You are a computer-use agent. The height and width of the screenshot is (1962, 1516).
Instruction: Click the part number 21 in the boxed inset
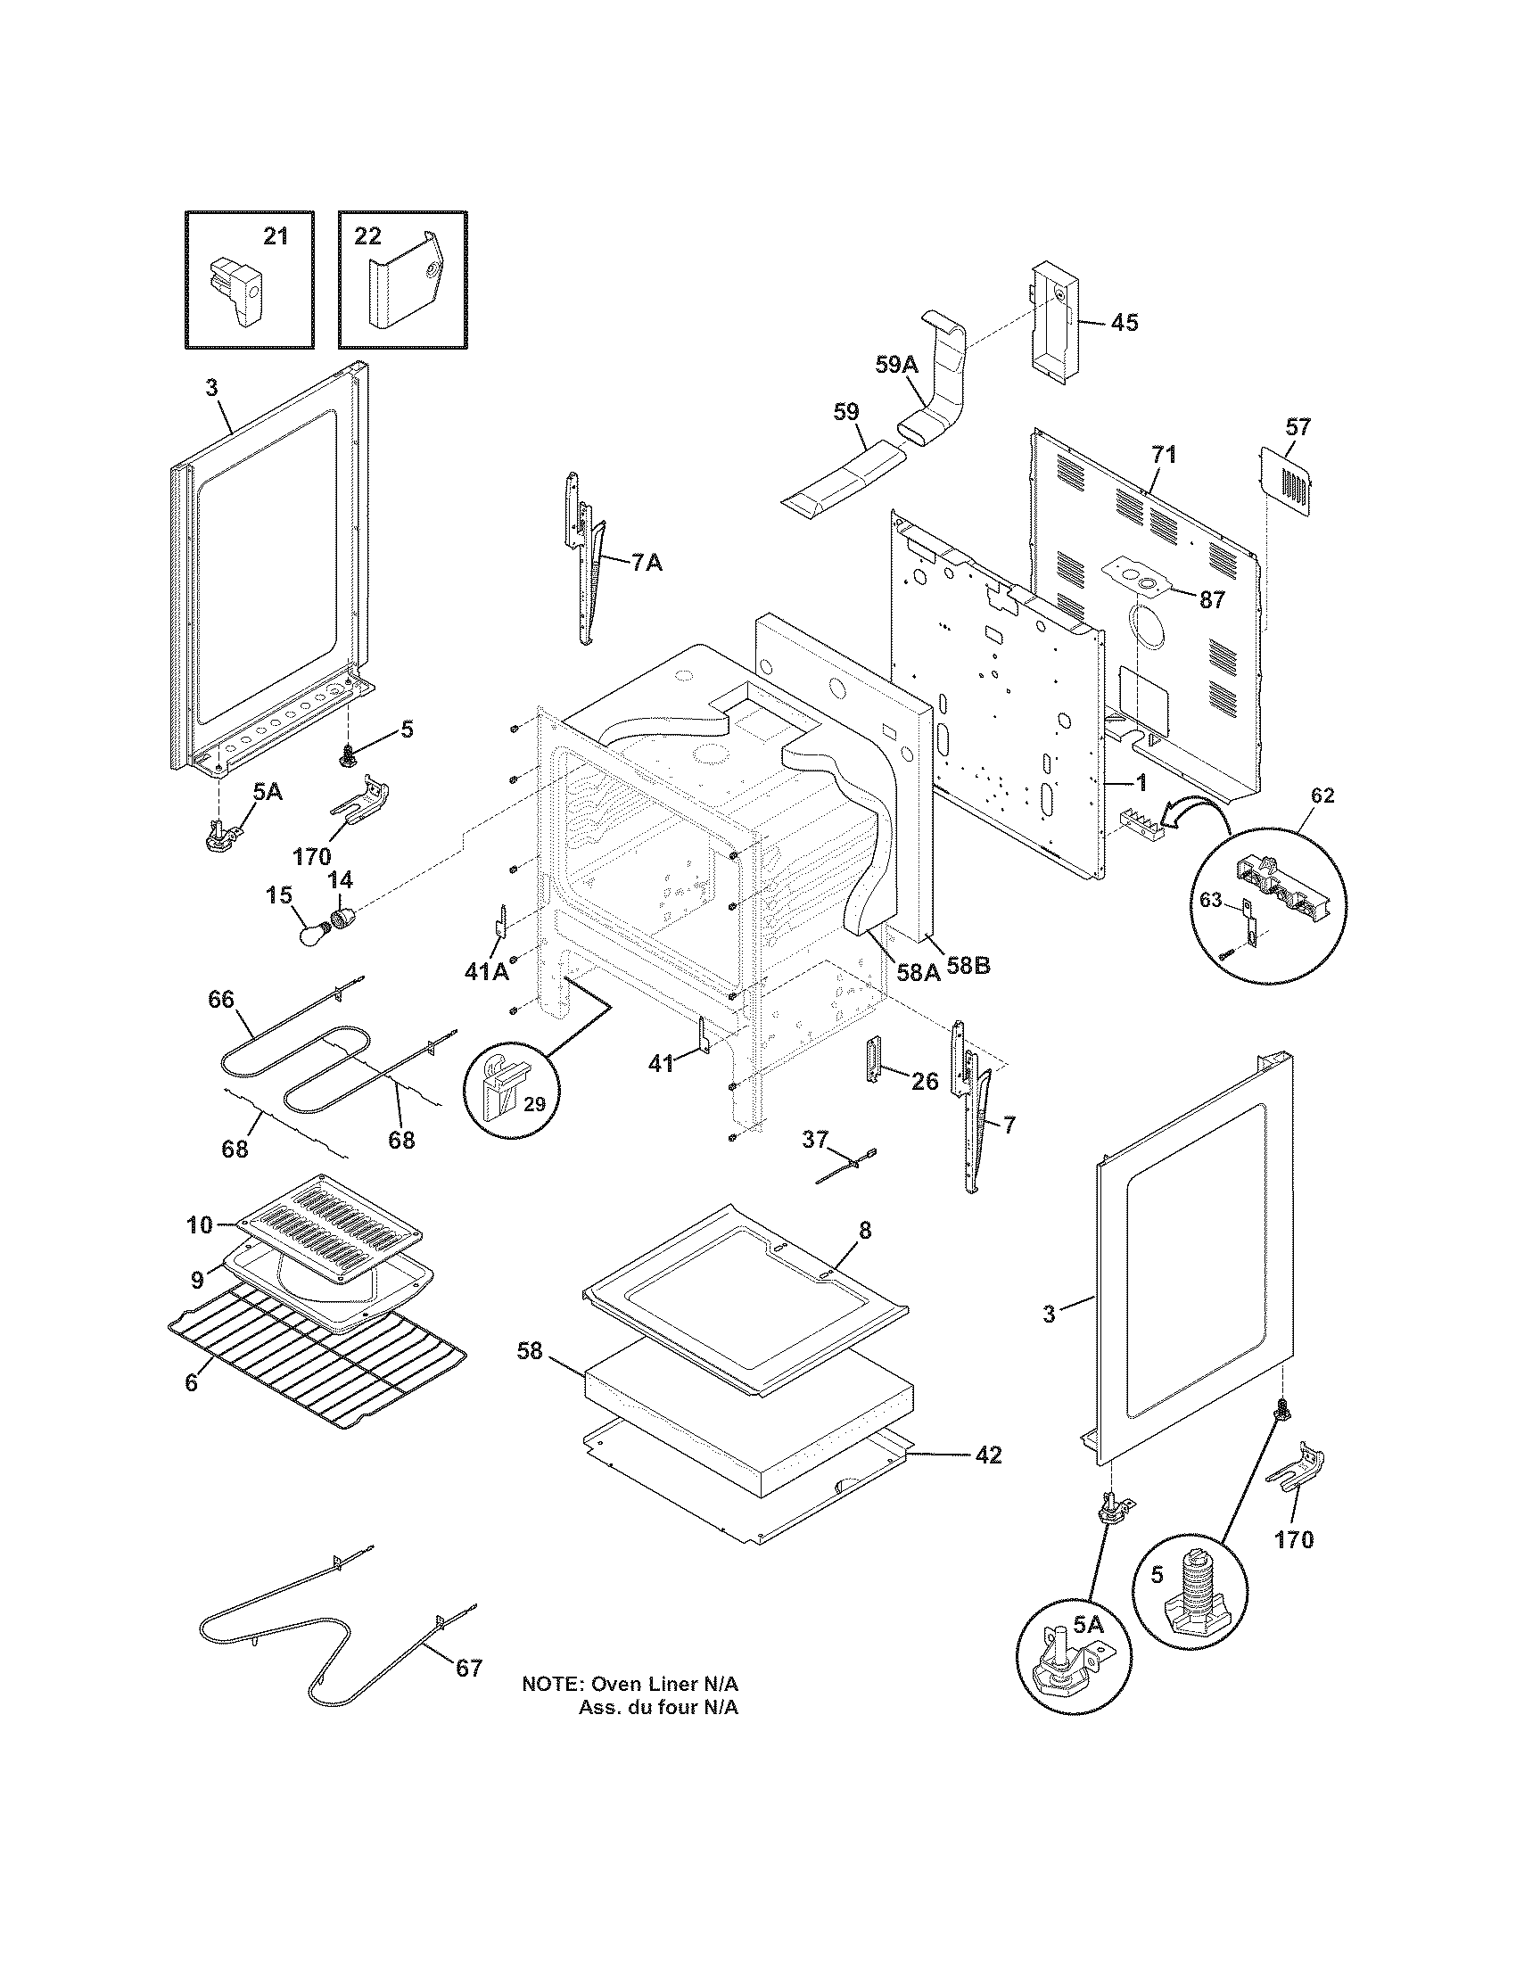point(276,236)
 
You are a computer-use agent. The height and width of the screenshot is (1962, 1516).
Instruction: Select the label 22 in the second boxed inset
point(367,236)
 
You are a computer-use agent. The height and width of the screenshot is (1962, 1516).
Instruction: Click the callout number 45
point(1124,323)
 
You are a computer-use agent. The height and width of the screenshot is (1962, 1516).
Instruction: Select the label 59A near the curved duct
point(897,364)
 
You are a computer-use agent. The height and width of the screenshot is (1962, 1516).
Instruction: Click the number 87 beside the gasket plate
point(1213,600)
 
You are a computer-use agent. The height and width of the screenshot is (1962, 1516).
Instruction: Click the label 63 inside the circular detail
point(1212,899)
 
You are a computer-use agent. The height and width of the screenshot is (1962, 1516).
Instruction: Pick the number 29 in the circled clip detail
point(534,1104)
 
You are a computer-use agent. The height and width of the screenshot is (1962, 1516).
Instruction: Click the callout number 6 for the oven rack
point(192,1382)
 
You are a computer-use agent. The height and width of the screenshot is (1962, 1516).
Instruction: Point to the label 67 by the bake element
point(469,1669)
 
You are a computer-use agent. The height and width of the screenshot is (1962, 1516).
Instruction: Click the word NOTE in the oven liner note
point(550,1685)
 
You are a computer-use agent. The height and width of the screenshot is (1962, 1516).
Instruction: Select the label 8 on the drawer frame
point(864,1231)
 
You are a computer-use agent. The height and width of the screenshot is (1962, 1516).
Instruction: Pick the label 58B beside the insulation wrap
point(969,968)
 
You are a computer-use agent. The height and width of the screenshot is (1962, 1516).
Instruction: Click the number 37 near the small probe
point(814,1139)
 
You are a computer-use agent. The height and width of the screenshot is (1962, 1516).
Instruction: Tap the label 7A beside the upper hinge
point(647,564)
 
